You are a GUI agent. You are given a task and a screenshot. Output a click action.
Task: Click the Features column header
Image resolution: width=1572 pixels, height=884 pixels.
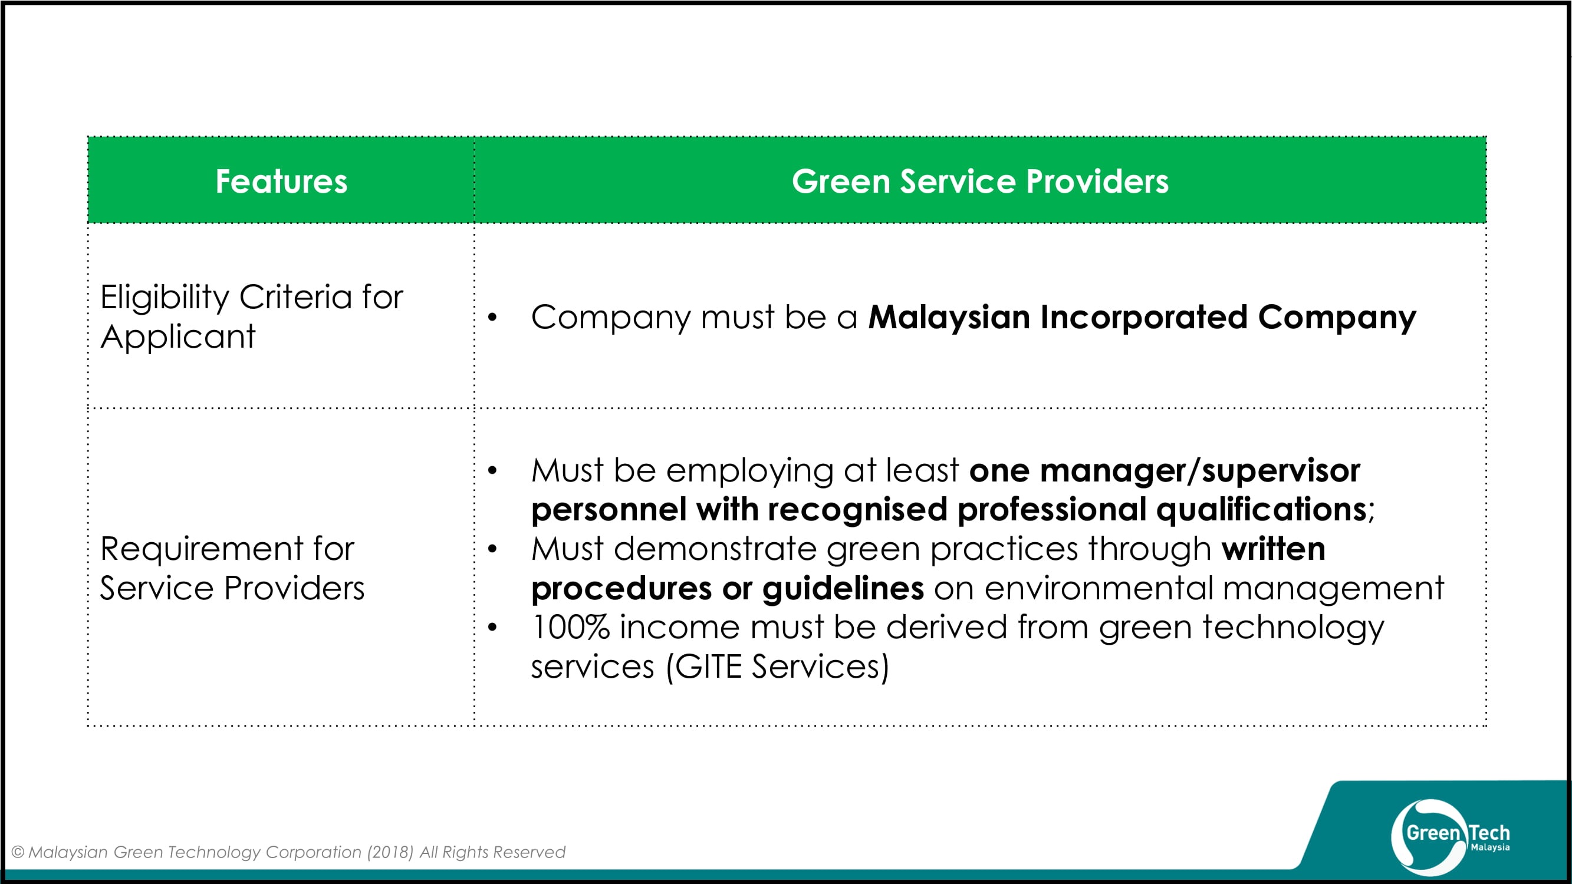pyautogui.click(x=281, y=181)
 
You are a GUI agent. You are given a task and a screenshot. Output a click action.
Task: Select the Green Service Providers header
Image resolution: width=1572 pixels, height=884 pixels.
pyautogui.click(x=980, y=181)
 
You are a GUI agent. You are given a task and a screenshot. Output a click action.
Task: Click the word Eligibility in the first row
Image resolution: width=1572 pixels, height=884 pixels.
pyautogui.click(x=165, y=298)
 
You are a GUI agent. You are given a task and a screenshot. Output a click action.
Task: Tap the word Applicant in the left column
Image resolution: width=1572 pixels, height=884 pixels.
pyautogui.click(x=177, y=337)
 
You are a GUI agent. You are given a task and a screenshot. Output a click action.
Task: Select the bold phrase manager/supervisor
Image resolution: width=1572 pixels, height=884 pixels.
pyautogui.click(x=1200, y=471)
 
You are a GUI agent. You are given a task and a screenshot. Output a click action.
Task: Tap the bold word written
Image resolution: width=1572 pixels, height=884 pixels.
pyautogui.click(x=1274, y=549)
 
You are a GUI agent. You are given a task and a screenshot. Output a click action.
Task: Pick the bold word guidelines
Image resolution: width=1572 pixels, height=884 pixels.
pyautogui.click(x=843, y=589)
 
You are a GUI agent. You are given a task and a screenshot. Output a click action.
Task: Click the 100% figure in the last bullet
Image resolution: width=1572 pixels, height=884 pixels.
pyautogui.click(x=571, y=627)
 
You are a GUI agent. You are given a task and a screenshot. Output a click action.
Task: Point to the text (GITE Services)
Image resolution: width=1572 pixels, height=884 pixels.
pyautogui.click(x=778, y=667)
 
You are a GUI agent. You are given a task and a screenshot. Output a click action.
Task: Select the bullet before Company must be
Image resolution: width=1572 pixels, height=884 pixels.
pyautogui.click(x=492, y=317)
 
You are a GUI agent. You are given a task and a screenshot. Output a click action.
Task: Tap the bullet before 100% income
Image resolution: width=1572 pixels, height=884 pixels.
pyautogui.click(x=492, y=627)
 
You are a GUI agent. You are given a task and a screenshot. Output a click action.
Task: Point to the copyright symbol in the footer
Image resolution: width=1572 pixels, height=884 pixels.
pyautogui.click(x=18, y=852)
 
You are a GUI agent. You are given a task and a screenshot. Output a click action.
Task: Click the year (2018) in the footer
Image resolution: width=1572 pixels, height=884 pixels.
pyautogui.click(x=390, y=852)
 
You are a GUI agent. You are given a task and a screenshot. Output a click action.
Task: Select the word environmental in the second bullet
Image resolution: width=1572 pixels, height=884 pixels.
pyautogui.click(x=1099, y=589)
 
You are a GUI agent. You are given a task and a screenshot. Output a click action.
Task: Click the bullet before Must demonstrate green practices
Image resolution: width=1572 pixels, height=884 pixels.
pyautogui.click(x=492, y=549)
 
